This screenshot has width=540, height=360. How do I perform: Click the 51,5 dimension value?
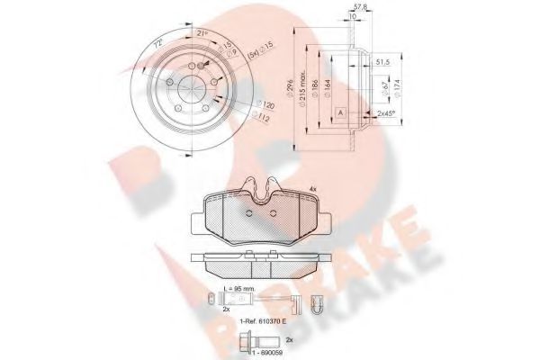point(381,62)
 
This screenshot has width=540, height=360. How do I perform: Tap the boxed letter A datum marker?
point(341,111)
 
